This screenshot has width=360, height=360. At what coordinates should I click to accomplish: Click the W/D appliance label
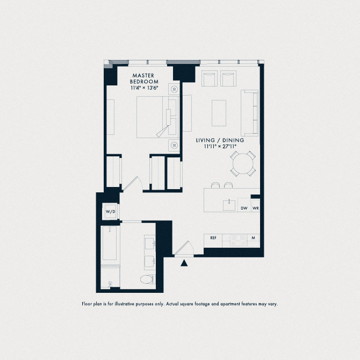[x=111, y=212]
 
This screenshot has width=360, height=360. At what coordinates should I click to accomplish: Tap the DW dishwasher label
[x=244, y=208]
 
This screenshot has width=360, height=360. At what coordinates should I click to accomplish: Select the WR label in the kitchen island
[x=256, y=208]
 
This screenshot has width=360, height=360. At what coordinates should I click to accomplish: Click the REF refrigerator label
[x=213, y=238]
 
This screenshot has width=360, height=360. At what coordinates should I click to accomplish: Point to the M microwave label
[x=253, y=238]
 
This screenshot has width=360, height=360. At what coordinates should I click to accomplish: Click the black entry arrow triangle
[x=184, y=263]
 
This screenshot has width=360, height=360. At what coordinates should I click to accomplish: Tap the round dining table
[x=243, y=163]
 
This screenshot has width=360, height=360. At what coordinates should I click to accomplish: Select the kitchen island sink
[x=229, y=205]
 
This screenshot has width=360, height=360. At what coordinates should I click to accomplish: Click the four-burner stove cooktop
[x=239, y=241]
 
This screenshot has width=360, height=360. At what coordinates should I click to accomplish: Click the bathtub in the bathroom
[x=110, y=243]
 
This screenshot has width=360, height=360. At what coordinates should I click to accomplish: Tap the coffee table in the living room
[x=219, y=113]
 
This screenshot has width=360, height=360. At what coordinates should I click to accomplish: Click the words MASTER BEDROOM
[x=144, y=78]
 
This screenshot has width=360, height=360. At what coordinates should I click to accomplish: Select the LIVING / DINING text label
[x=220, y=140]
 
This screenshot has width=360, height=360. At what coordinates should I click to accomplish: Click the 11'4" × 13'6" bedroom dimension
[x=145, y=88]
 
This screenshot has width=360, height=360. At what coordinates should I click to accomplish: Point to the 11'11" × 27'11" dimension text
[x=220, y=147]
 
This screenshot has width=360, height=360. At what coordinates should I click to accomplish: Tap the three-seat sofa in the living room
[x=250, y=113]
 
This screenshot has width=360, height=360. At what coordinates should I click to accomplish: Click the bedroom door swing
[x=133, y=184]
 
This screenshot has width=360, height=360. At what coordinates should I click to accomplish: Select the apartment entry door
[x=184, y=248]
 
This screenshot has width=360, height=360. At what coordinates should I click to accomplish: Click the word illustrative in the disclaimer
[x=124, y=304]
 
